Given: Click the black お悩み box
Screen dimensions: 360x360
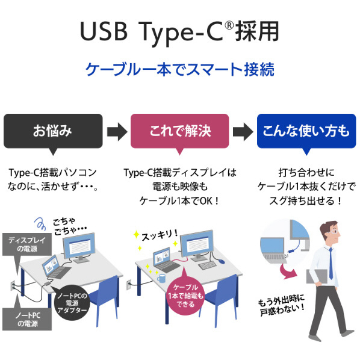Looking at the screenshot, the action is [53, 131].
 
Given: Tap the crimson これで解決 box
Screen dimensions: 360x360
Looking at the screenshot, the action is [180, 131].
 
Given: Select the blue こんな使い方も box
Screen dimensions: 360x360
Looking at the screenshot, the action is [306, 131].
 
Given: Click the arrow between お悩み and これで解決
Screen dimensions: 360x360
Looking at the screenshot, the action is [117, 132].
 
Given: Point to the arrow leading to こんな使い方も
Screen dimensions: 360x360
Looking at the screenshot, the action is [243, 132].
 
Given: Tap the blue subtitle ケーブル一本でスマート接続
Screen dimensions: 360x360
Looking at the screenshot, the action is [180, 69].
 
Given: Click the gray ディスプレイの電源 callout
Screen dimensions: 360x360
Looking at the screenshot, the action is [27, 244].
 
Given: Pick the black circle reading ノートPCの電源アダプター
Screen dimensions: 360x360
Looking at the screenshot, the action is [72, 303].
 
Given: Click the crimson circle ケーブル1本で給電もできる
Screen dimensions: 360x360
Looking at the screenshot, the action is [185, 296].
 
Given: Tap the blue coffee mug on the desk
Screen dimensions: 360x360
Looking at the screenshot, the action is [161, 278].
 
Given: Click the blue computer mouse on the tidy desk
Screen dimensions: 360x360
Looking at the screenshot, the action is [221, 261].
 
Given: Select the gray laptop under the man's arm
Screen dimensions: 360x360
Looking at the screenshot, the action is [317, 276].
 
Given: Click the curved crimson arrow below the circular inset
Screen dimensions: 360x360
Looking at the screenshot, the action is [287, 271].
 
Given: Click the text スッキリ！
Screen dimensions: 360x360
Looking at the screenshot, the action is [160, 235].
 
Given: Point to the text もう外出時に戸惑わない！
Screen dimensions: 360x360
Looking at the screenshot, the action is [282, 305].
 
